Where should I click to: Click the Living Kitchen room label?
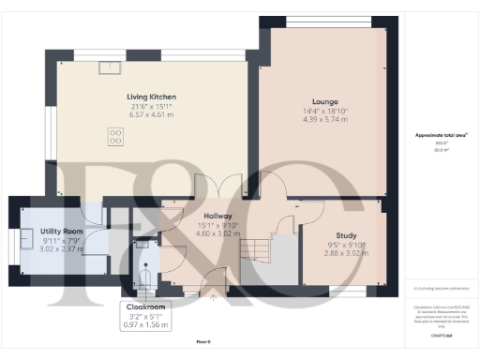[x=151, y=97]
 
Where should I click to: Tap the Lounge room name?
[x=324, y=101]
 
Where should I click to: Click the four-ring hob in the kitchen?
[x=115, y=137]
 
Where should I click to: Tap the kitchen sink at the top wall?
[x=111, y=66]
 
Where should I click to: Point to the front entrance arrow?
[x=214, y=299]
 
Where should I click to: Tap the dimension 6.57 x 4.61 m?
[x=151, y=117]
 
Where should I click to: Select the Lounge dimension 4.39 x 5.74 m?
[x=324, y=120]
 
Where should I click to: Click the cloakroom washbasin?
[x=141, y=245]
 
